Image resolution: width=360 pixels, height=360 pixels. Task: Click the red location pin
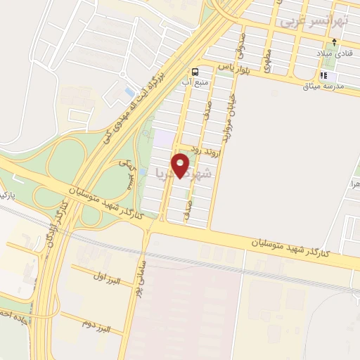pos(181,166)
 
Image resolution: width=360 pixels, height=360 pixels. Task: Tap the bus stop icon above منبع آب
pos(195,71)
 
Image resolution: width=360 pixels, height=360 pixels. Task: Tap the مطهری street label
pos(268,59)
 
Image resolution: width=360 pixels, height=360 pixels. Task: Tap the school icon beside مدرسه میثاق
pos(323,76)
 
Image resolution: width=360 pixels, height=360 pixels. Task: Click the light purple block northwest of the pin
pos(163,139)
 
